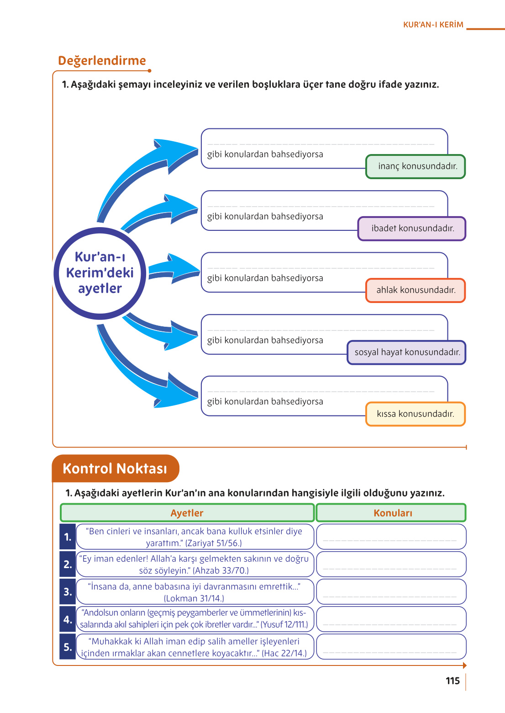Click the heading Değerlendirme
pos(102,60)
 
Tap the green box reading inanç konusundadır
pos(416,166)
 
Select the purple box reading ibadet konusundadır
pos(411,229)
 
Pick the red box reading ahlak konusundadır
pos(416,290)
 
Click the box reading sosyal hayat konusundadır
pos(406,352)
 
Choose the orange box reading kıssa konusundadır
pos(416,414)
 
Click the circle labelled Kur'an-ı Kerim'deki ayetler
pos(100,273)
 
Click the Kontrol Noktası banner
pos(115,468)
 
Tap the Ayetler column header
pos(187,513)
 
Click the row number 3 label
pos(68,592)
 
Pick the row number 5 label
pos(68,647)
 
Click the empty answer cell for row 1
pos(391,537)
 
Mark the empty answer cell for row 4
pos(391,619)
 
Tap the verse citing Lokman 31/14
pos(195,592)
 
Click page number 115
pos(452,681)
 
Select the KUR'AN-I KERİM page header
pos(433,25)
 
